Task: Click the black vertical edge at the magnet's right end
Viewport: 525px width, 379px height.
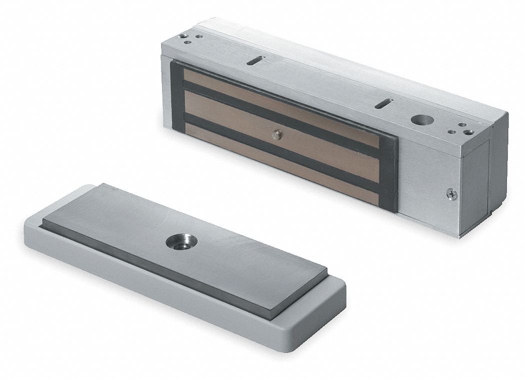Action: pos(393,175)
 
